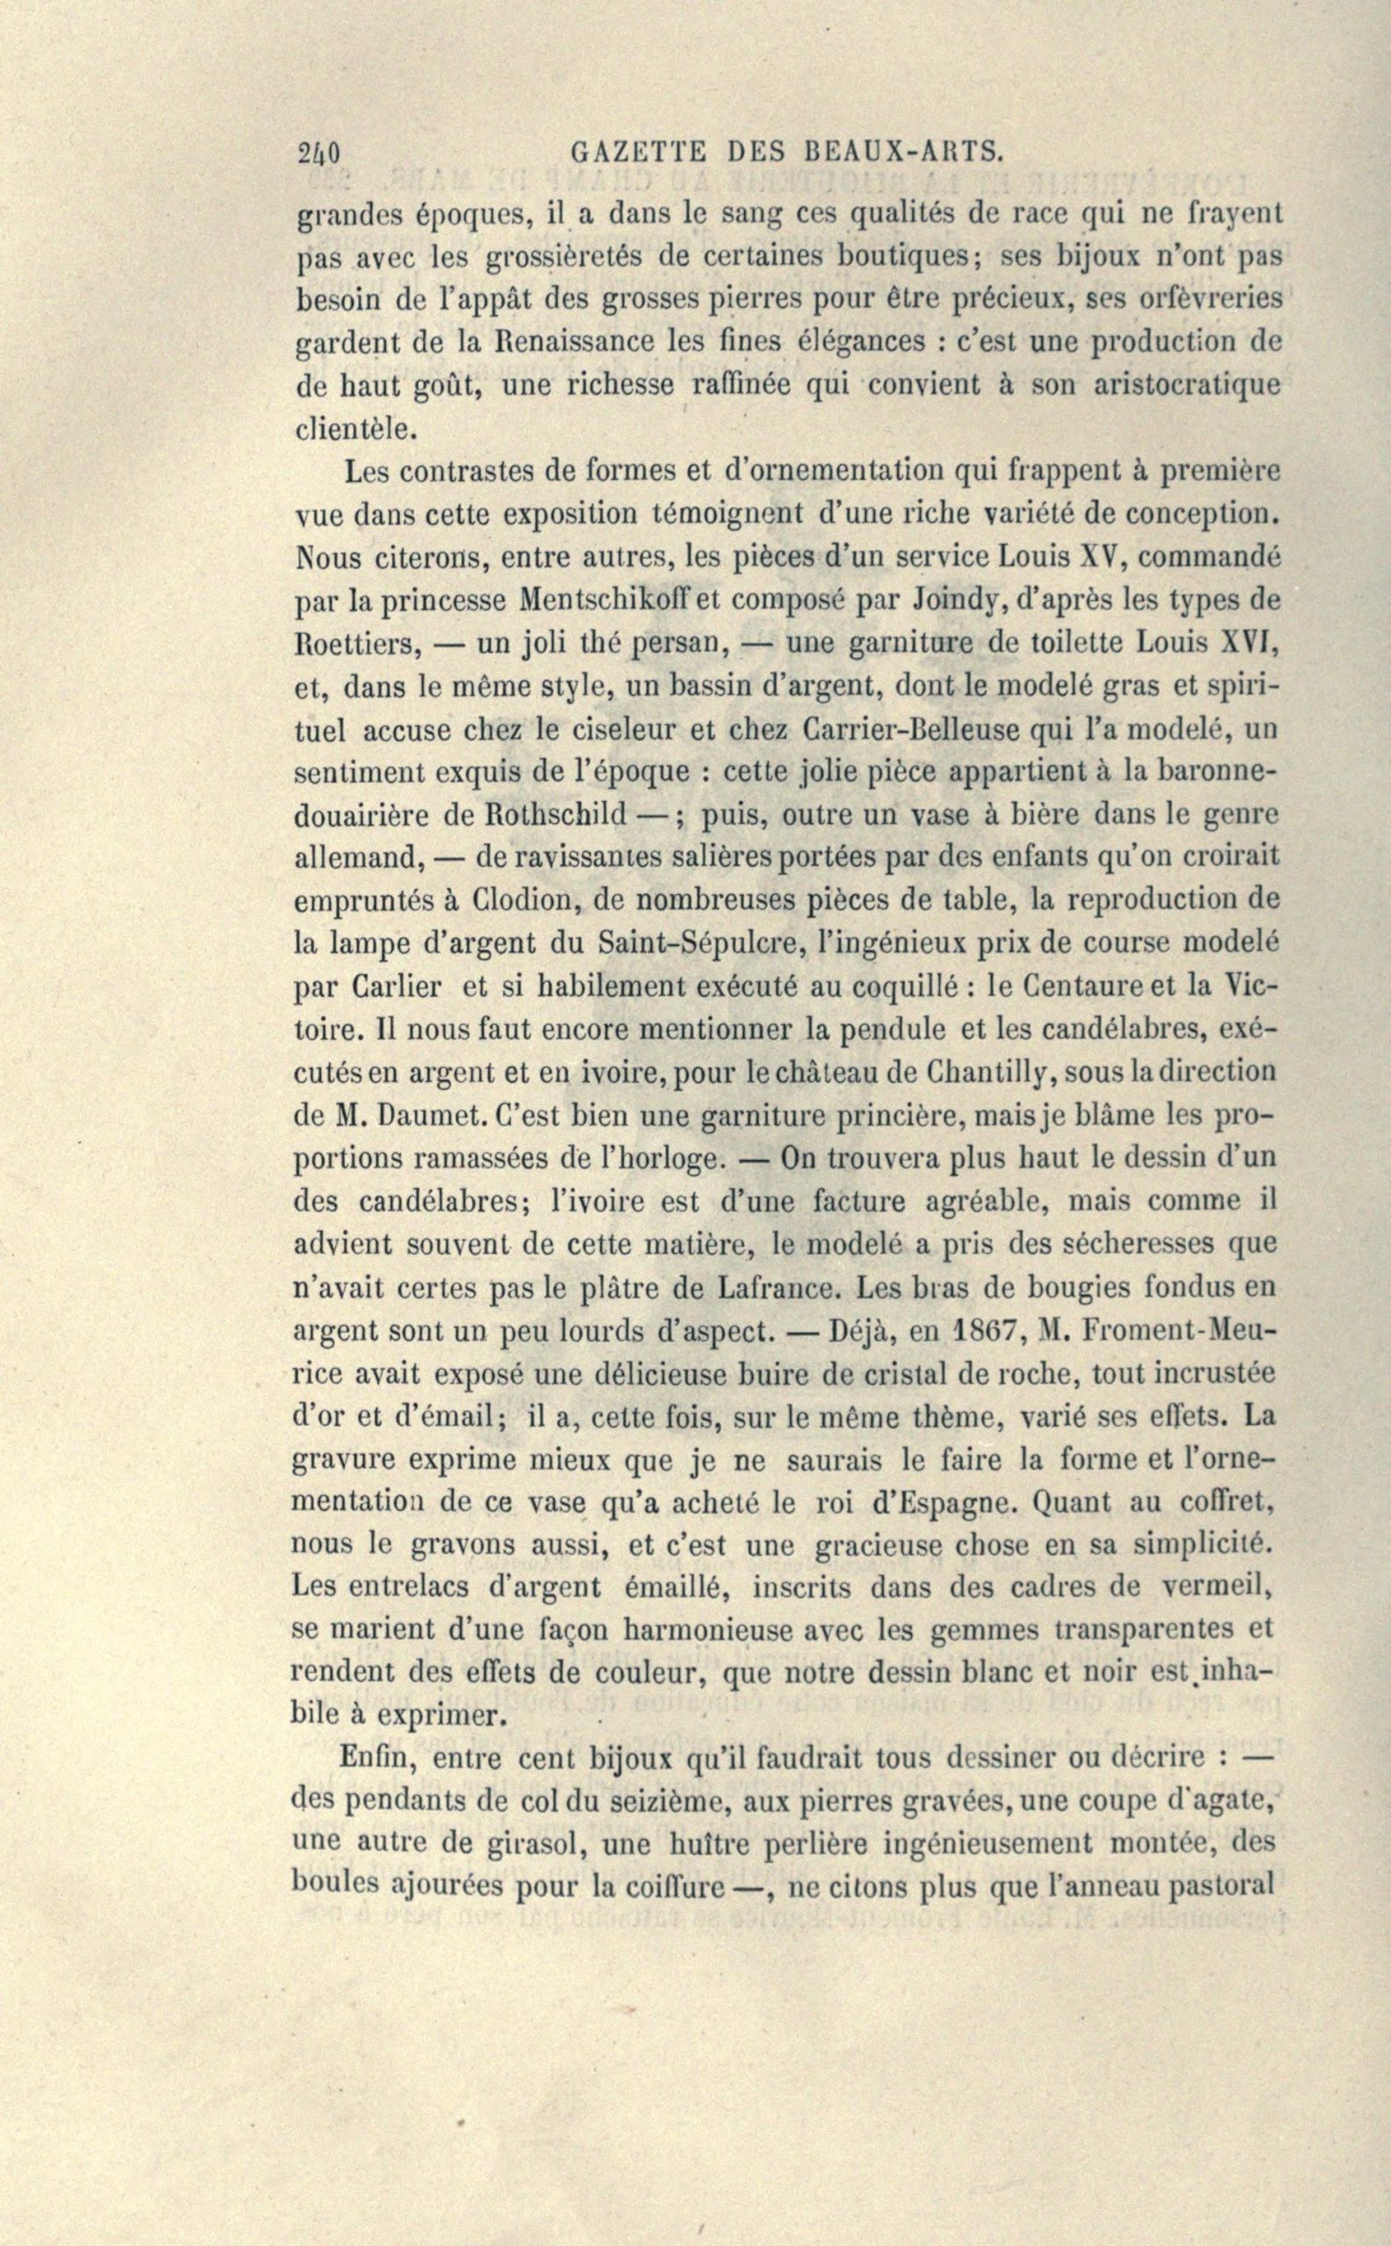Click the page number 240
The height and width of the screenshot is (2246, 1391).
[319, 152]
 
